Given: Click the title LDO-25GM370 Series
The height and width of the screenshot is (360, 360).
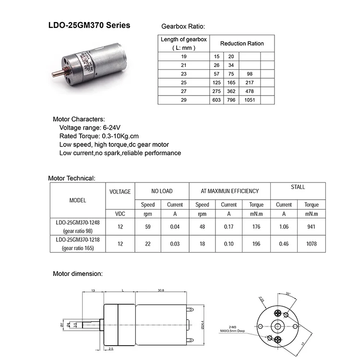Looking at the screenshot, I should point(89,25).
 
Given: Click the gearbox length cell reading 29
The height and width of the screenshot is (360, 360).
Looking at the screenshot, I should point(183,100).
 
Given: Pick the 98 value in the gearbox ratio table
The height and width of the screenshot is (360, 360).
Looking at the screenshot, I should point(249,74).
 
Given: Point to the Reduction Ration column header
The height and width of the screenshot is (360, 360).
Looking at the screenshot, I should point(242,43).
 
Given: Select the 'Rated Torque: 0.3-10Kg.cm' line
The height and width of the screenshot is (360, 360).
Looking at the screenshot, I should point(92,136).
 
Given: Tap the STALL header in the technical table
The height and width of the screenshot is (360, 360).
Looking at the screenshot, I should point(298,187).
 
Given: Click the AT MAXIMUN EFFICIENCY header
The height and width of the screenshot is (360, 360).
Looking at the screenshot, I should point(229,191).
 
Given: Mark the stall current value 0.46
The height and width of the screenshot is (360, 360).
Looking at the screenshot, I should point(284,243).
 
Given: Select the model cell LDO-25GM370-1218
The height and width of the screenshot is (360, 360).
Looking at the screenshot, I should point(78,239).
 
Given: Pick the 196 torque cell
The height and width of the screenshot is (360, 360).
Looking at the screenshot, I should point(256,243).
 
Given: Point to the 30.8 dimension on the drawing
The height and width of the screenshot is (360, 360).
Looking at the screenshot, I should point(161,290).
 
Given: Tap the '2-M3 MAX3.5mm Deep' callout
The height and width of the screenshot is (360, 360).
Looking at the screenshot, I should point(233,328).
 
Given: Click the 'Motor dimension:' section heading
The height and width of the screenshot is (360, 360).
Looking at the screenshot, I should point(77,274).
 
